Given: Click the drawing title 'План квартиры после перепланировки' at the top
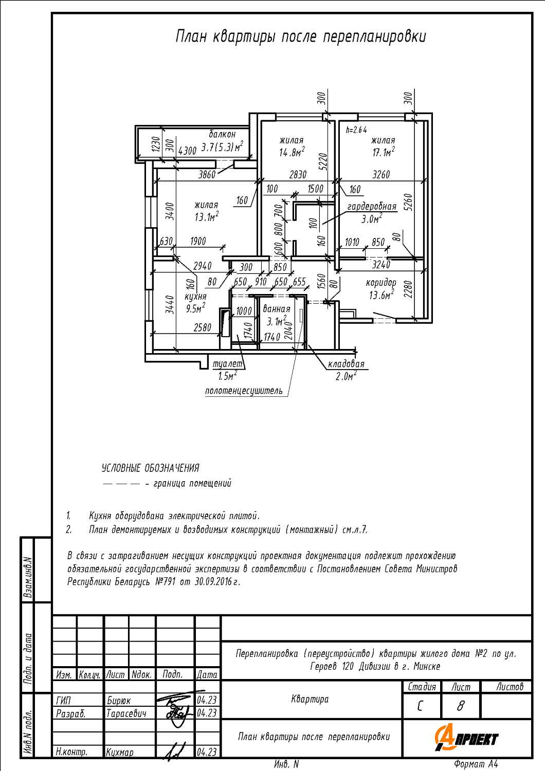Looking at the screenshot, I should point(301,37).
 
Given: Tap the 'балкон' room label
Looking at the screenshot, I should point(222,134).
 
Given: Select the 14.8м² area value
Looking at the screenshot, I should point(292,152).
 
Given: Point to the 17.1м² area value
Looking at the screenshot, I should point(384,152).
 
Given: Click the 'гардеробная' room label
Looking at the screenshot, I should point(372,207).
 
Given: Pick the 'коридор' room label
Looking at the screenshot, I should point(381,283).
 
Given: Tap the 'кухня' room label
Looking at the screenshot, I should point(195,297).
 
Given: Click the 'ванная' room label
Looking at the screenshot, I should point(277,309).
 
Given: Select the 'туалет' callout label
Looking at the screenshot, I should point(228,364).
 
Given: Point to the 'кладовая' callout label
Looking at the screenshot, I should point(346,364).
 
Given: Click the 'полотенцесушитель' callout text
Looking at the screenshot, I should point(244,391).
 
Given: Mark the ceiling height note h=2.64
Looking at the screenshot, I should point(356,130).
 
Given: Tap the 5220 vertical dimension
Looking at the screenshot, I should point(322,161).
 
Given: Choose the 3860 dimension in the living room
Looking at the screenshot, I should point(207,175).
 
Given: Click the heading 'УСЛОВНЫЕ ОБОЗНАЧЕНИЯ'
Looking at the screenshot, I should point(150,468).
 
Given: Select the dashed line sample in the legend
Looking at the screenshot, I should point(121,484).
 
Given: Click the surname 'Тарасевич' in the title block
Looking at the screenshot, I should point(126,713).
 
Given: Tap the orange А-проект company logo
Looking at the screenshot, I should point(466,738).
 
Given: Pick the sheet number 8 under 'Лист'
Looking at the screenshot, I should point(460,706).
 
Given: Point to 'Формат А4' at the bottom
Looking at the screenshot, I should point(476,764).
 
